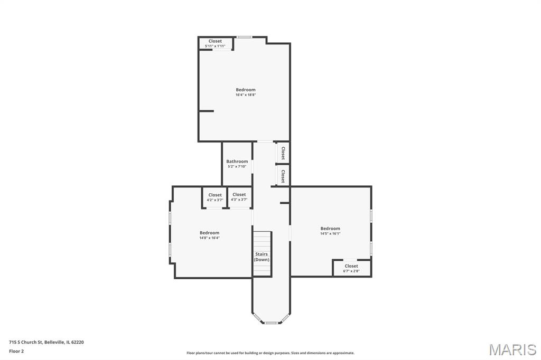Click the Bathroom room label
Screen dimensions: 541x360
click(237, 162)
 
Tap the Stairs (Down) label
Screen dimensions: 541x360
click(262, 257)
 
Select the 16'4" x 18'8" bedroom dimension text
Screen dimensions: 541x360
click(246, 95)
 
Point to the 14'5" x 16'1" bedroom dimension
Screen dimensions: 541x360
click(330, 233)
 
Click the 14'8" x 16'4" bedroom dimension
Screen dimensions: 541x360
click(209, 238)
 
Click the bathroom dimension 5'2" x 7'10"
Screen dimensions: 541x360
click(237, 167)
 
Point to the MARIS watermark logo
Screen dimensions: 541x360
click(512, 349)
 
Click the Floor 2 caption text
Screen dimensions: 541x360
click(16, 352)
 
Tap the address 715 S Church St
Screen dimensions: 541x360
click(26, 343)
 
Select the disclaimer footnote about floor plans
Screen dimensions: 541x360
click(270, 353)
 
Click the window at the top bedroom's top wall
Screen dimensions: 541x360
click(244, 37)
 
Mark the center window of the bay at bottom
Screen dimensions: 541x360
click(271, 323)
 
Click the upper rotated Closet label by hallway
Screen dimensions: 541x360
click(283, 153)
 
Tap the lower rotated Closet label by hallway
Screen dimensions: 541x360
click(283, 176)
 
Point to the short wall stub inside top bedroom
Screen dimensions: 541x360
click(207, 111)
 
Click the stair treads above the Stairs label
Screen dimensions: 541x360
click(262, 241)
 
